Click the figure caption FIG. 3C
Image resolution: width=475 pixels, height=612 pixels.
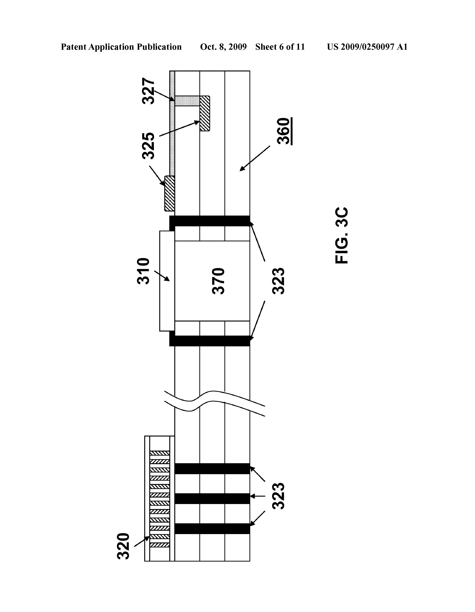click(x=342, y=235)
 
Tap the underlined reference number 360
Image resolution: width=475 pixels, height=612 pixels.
click(x=284, y=131)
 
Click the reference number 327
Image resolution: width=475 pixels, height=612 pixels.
click(x=148, y=91)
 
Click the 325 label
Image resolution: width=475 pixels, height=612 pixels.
click(x=148, y=146)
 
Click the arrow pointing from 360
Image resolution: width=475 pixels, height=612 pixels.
click(x=255, y=158)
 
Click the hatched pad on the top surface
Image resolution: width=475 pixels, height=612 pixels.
click(x=169, y=193)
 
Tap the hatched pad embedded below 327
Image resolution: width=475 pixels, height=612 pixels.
click(x=205, y=113)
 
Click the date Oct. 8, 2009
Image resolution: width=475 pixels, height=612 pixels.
click(x=223, y=47)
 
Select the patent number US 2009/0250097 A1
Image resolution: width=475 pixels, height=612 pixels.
click(x=367, y=47)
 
